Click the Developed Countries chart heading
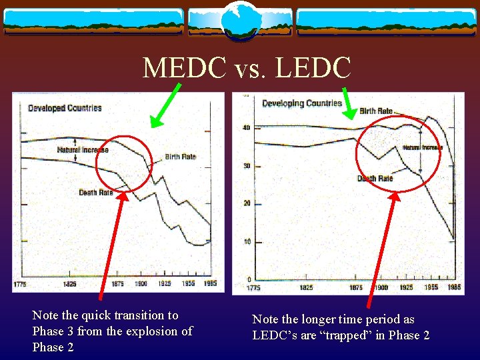click(x=65, y=108)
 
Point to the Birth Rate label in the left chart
click(x=180, y=157)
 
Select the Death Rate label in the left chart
click(x=96, y=193)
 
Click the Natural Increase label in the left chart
click(x=83, y=150)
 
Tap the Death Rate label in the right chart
click(x=375, y=179)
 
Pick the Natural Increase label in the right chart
click(x=422, y=147)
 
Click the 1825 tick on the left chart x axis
click(x=69, y=284)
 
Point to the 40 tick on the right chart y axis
click(x=246, y=128)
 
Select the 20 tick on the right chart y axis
click(x=246, y=203)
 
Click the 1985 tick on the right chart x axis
click(x=453, y=288)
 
